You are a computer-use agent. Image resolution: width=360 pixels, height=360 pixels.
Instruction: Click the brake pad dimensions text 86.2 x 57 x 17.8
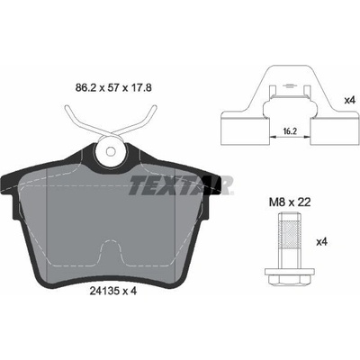point(112,88)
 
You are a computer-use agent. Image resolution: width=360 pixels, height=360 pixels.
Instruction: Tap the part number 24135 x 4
point(113,291)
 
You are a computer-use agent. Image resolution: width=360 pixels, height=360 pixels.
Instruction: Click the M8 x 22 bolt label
point(290,202)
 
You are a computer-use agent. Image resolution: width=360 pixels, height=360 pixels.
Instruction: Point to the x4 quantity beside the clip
point(349,100)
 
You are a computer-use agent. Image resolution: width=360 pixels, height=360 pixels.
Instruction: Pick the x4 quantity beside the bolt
point(321,242)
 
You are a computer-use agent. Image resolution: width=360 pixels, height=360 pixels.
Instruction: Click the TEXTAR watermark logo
point(181,184)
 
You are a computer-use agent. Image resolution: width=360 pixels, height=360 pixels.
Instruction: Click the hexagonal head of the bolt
point(290,279)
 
